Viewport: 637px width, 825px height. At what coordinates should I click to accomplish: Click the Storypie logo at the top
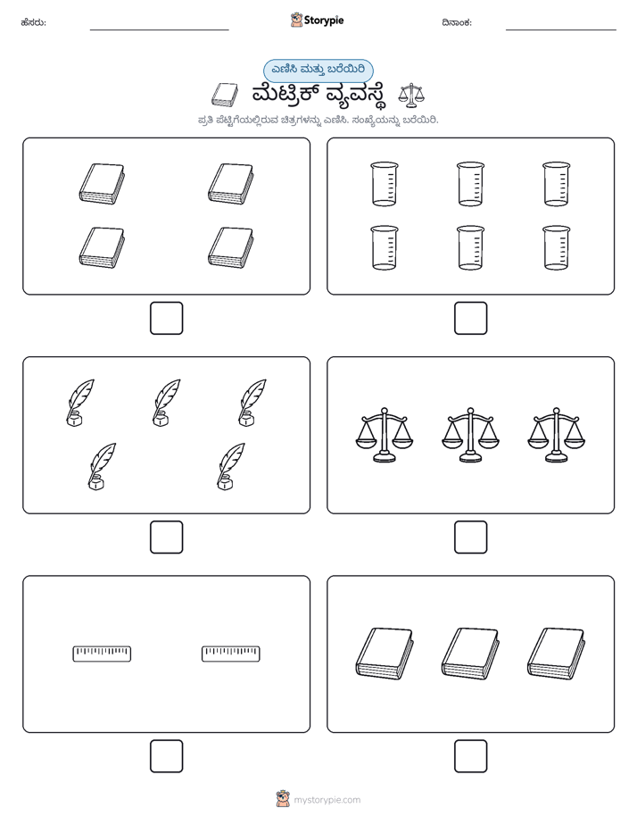[x=317, y=20]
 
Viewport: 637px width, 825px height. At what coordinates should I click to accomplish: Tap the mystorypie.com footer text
[x=327, y=800]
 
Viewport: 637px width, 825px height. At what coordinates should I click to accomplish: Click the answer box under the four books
[x=166, y=319]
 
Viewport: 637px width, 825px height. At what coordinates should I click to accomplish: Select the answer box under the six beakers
[x=470, y=319]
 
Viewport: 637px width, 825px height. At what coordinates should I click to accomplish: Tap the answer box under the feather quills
[x=166, y=537]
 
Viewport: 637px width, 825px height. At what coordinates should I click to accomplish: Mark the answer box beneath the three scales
[x=470, y=537]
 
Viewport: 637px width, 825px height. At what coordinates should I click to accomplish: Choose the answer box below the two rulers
[x=166, y=756]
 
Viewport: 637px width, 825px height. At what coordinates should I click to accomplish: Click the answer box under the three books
[x=470, y=756]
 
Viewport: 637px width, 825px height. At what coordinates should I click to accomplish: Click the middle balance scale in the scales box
[x=470, y=435]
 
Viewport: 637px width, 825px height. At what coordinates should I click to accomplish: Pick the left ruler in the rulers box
[x=102, y=654]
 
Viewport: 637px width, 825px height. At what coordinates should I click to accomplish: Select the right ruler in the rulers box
[x=231, y=654]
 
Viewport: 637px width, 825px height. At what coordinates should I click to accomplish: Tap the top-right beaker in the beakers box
[x=556, y=184]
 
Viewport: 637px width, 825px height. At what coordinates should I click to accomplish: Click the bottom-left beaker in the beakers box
[x=385, y=248]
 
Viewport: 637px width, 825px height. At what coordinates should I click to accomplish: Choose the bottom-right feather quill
[x=231, y=466]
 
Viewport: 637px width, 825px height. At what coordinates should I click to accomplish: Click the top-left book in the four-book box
[x=102, y=184]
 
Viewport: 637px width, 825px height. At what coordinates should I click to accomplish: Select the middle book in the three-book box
[x=470, y=654]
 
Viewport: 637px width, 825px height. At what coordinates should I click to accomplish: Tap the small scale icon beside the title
[x=411, y=95]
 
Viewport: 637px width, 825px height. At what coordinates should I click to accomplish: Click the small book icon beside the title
[x=225, y=95]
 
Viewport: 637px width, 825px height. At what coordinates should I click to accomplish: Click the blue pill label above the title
[x=318, y=71]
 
